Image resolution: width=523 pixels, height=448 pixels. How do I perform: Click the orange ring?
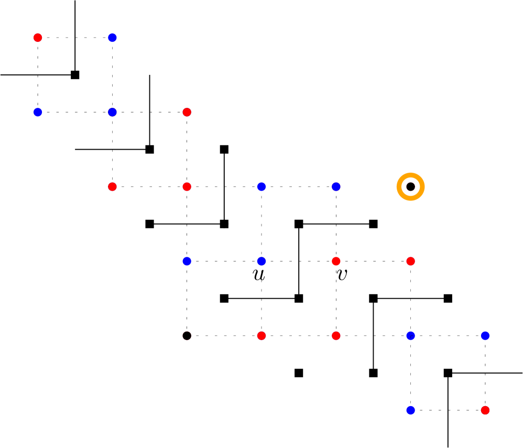coord(410,187)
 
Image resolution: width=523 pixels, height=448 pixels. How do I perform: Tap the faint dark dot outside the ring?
coord(187,335)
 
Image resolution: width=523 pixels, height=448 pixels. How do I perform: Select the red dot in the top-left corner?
coord(38,38)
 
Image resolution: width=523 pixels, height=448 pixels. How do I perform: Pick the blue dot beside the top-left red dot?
coord(112,38)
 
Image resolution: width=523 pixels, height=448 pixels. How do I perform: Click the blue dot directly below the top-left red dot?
coord(38,112)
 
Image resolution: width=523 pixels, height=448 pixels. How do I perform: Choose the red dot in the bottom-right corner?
coord(485,410)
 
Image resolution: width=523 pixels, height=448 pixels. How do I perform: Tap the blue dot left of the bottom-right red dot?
coord(410,410)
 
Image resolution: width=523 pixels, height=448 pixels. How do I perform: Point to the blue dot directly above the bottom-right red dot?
coord(485,335)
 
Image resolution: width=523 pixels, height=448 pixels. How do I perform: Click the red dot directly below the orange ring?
coord(410,261)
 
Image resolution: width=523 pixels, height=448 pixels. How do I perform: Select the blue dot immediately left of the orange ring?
coord(336,187)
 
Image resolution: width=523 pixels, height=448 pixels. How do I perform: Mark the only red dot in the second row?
coord(187,112)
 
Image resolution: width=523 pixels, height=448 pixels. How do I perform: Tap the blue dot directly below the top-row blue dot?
coord(112,112)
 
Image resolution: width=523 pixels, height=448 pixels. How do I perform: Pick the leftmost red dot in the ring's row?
coord(112,187)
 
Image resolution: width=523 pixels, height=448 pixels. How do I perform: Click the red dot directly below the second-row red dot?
coord(187,187)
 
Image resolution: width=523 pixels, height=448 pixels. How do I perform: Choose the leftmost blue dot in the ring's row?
coord(261,187)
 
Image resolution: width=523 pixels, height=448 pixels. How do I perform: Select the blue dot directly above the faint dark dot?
coord(187,261)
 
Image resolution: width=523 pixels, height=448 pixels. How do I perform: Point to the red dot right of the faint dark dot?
coord(261,335)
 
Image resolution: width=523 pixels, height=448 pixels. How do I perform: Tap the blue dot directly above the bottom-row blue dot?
coord(410,335)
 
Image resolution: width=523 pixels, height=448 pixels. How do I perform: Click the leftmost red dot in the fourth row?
coord(336,261)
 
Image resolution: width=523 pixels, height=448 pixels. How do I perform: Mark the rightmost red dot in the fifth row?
coord(336,335)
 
